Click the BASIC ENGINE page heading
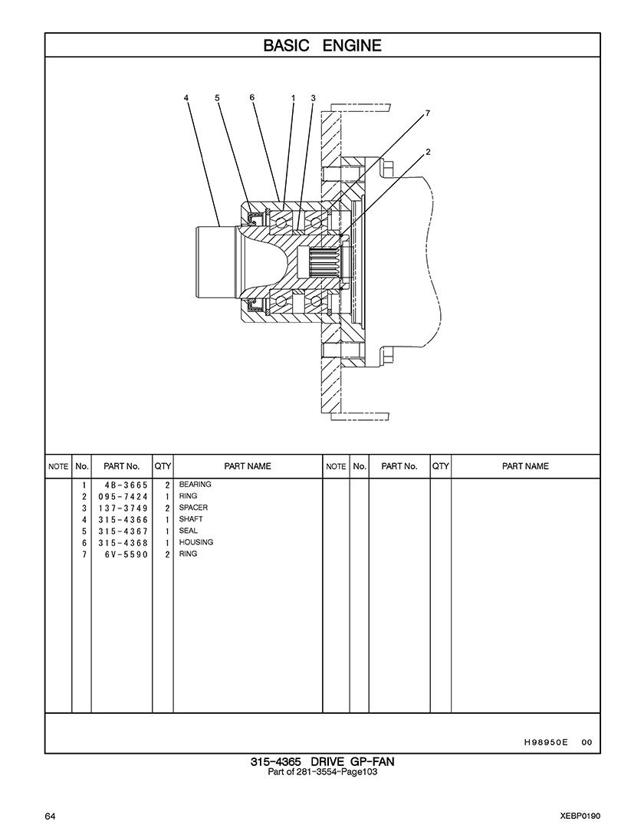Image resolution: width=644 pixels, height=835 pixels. [x=322, y=45]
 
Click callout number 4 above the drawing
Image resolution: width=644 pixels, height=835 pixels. [x=186, y=98]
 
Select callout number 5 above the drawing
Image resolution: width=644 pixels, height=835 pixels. [x=217, y=98]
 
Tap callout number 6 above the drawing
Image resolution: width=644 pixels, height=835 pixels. [x=252, y=97]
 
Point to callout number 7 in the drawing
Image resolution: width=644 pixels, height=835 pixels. [x=427, y=113]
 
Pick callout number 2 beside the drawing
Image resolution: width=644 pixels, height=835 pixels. [x=428, y=152]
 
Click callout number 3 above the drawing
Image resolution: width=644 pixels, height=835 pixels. [x=314, y=98]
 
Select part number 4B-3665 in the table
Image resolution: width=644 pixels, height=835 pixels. [x=127, y=485]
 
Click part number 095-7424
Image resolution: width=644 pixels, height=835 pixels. [x=123, y=497]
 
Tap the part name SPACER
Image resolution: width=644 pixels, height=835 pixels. [x=193, y=508]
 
